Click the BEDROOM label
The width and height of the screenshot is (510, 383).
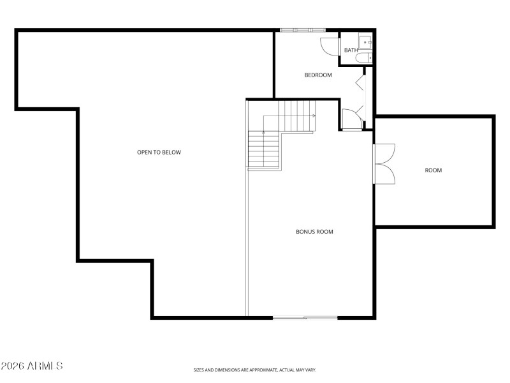(318, 75)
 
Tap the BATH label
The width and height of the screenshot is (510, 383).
(351, 50)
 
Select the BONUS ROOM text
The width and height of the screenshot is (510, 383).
(314, 232)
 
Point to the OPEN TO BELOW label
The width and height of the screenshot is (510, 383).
(159, 152)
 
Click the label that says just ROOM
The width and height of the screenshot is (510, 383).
(433, 170)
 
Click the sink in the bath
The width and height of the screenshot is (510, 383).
(366, 43)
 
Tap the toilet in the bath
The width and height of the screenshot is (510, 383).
(364, 59)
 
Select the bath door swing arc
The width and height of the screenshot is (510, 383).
(328, 46)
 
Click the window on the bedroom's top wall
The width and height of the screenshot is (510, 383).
(303, 30)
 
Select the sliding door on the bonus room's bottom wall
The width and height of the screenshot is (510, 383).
(305, 317)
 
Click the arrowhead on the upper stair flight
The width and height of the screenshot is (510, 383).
(315, 116)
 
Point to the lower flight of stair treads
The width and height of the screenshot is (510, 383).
(264, 150)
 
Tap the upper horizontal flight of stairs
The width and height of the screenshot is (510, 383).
(297, 116)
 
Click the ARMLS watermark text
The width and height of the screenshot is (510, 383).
(32, 366)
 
